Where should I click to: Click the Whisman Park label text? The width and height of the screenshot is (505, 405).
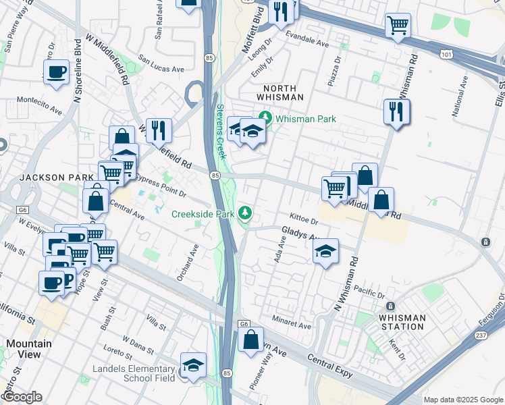point(306,119)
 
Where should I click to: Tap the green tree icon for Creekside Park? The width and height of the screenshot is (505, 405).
point(247,213)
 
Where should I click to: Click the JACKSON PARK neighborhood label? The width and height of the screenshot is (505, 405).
point(47,178)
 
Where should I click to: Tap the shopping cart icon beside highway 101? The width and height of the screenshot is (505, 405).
point(398,26)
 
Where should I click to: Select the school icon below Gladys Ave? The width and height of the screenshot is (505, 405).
point(325,252)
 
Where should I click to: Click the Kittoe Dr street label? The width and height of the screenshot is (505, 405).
point(303,220)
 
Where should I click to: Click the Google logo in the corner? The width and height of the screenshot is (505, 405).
point(22,397)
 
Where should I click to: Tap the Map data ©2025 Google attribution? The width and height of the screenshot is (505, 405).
point(463,400)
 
